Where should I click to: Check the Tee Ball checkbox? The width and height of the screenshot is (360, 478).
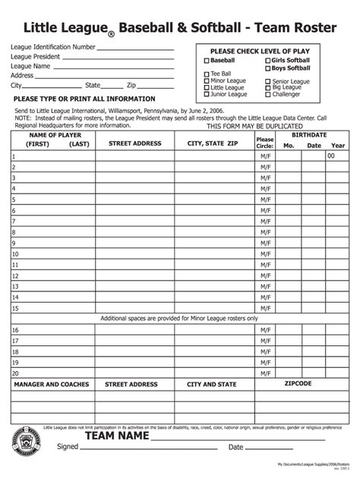[x=206, y=74]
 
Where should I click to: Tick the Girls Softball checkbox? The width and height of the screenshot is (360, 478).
[x=268, y=60]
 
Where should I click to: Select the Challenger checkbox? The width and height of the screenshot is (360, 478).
[x=268, y=95]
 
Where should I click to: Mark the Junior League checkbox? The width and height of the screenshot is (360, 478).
[x=206, y=95]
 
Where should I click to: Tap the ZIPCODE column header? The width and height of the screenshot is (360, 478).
[x=298, y=384]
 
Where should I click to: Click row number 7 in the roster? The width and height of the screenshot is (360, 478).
[x=14, y=222]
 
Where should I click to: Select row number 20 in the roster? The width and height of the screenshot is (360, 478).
[x=15, y=374]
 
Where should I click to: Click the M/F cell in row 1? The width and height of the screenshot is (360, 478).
[x=265, y=156]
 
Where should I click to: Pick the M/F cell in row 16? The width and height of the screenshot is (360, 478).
[x=265, y=330]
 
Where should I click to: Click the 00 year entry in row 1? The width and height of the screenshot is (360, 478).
[x=331, y=156]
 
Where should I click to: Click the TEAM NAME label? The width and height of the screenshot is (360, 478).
[x=116, y=437]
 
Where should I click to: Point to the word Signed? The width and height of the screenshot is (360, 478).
[x=67, y=447]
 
